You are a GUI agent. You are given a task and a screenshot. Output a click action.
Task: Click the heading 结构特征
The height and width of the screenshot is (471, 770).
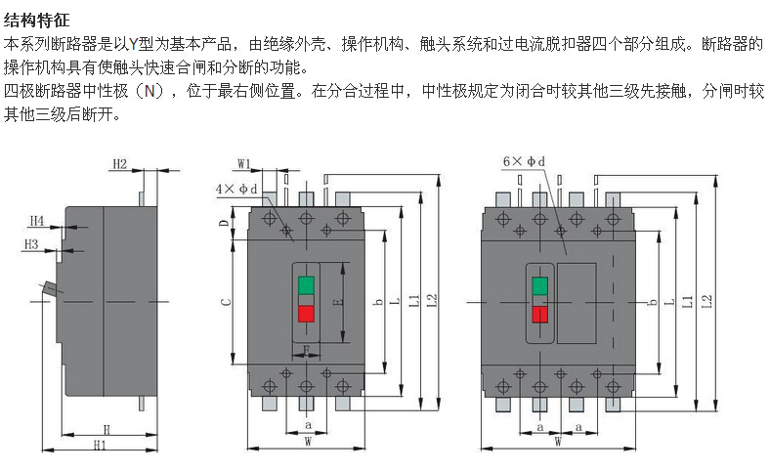coord(36,21)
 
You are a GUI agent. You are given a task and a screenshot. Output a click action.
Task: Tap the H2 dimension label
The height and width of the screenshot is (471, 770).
coord(120,163)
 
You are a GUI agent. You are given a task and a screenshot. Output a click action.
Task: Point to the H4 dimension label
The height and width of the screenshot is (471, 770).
coord(37,221)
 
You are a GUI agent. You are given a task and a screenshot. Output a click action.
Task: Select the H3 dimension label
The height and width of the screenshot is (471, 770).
coord(31,244)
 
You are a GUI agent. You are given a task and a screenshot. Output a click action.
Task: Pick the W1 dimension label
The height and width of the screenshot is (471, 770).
coord(244,164)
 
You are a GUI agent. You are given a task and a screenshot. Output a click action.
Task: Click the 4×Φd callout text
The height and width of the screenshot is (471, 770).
coord(236,190)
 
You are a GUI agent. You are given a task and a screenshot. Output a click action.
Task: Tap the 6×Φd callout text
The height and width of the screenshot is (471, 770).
coord(524,161)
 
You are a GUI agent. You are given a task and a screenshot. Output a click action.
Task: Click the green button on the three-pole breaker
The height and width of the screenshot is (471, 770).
coord(306,285)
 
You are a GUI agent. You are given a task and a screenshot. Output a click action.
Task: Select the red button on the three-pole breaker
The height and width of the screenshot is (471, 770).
coord(306,315)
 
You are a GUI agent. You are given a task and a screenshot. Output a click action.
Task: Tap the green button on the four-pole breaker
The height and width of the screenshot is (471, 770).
coord(539,285)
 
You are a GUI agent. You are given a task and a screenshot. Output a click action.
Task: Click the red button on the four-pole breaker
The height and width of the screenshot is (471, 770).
coord(539,315)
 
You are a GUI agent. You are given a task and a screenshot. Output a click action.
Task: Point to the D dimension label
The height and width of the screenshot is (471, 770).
coord(224,223)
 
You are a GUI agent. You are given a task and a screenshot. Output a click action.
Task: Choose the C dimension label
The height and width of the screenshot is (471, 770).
coord(226,302)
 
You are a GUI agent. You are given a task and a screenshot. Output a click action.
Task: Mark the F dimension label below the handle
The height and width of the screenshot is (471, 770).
coord(306,350)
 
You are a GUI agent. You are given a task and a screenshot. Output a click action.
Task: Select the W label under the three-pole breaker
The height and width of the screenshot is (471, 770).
coord(308,442)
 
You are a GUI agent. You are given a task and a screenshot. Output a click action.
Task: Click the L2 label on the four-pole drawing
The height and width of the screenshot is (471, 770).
coord(706,301)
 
